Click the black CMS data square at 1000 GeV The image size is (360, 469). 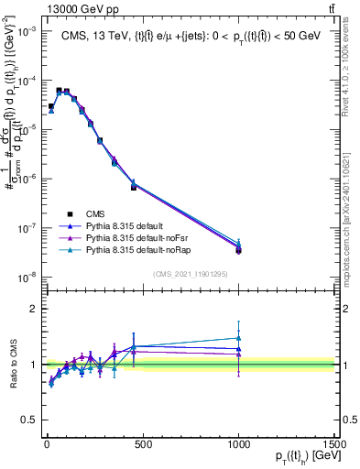tap(238, 250)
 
